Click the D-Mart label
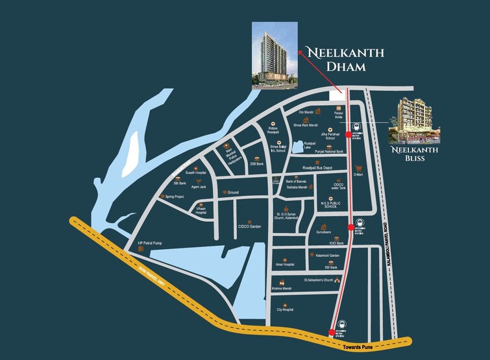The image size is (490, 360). pos(358,174)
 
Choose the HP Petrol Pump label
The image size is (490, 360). pos(149,244)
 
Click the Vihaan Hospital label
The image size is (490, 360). pos(201,211)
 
